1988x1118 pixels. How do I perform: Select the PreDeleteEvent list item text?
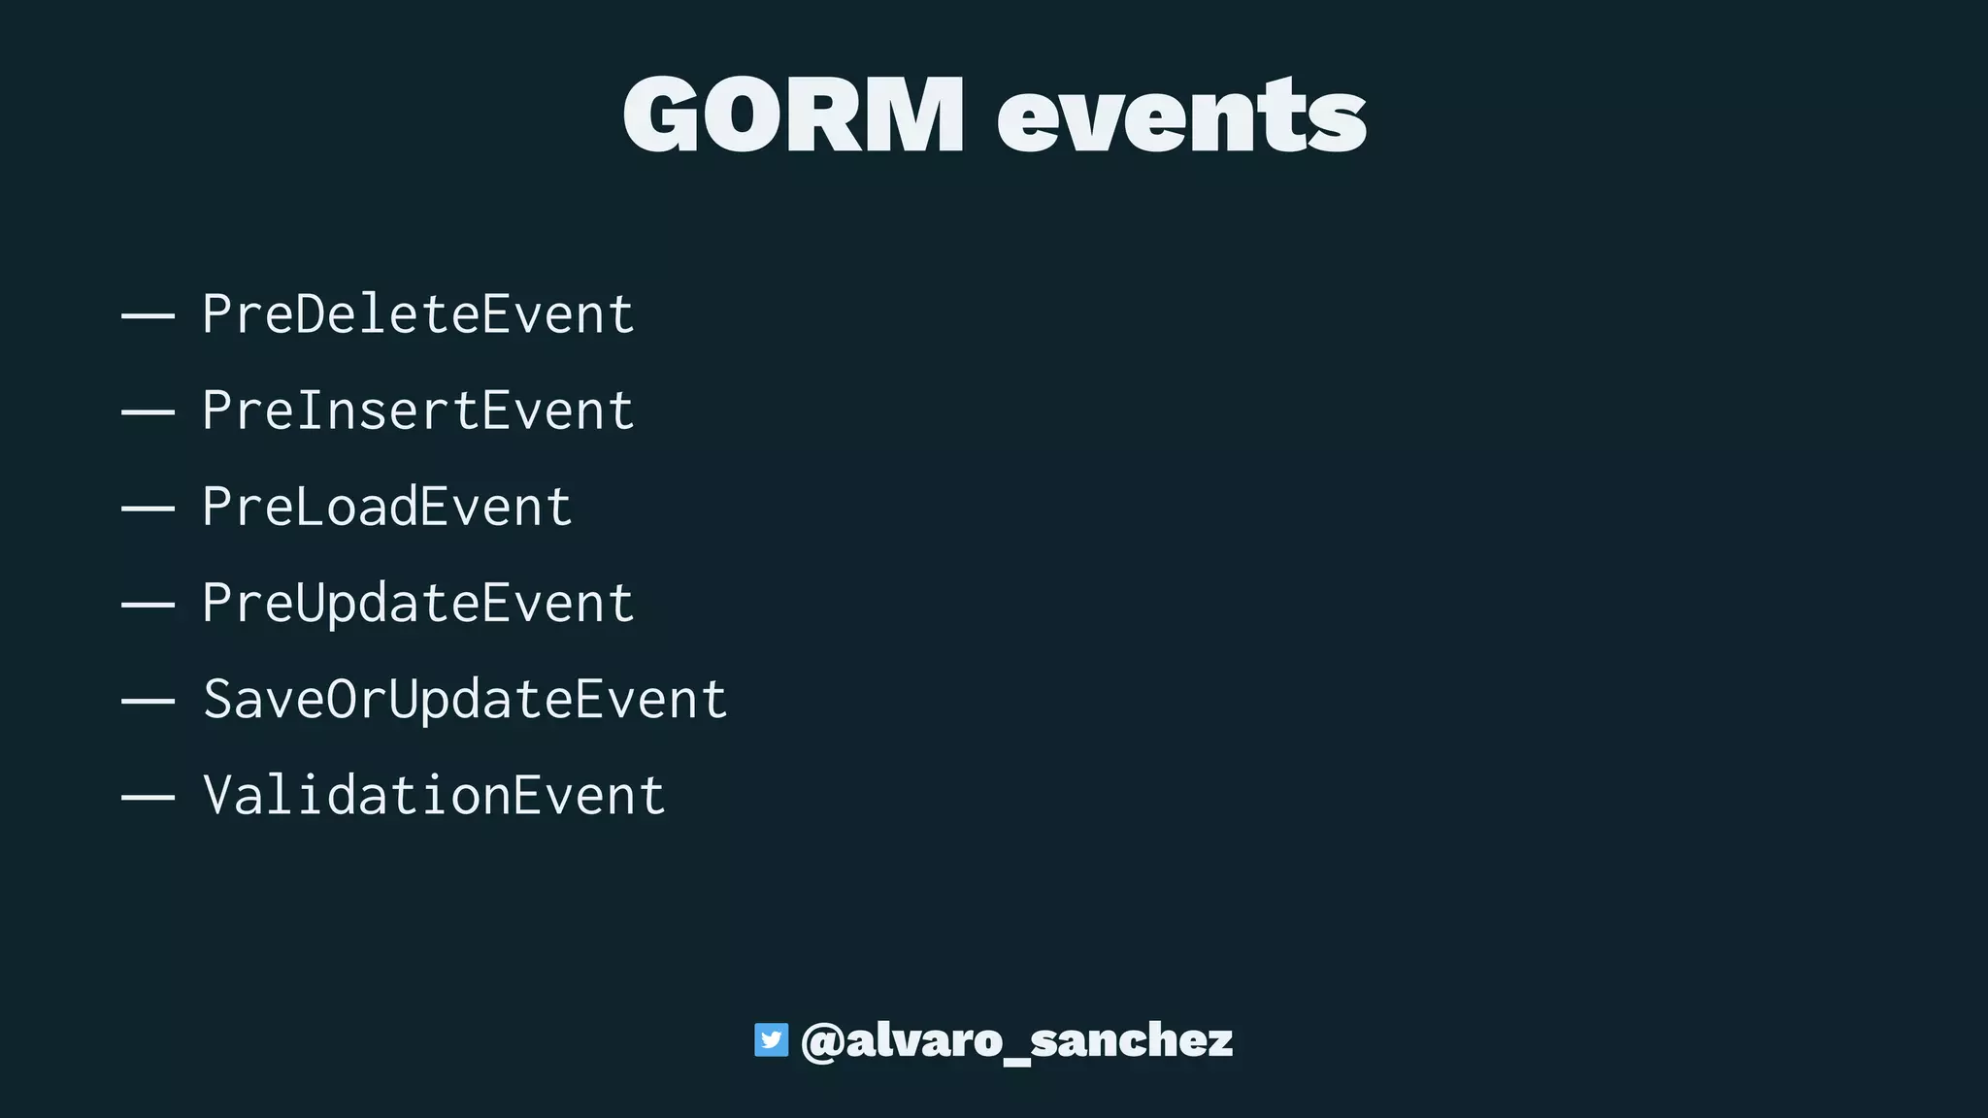tap(418, 314)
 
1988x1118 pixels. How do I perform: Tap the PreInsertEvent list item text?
tap(418, 411)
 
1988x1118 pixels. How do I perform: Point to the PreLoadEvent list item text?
tap(387, 507)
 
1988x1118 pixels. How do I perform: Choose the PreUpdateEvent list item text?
tap(418, 604)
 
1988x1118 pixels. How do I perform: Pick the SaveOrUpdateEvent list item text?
tap(465, 699)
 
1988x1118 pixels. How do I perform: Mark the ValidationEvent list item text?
tap(434, 796)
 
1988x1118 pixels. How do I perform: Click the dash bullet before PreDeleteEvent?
tap(148, 316)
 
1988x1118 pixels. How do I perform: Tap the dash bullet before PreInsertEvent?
tap(148, 412)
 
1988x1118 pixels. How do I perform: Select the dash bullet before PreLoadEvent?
tap(148, 509)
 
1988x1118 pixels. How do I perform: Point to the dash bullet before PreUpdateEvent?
tap(148, 605)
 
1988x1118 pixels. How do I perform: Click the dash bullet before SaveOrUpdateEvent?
tap(148, 701)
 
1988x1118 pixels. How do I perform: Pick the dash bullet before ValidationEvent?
tap(148, 798)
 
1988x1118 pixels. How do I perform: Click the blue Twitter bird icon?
tap(772, 1039)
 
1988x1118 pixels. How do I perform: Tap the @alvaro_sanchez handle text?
tap(1016, 1040)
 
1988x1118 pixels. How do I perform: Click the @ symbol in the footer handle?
tap(821, 1041)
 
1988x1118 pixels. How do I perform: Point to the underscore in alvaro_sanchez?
tap(1016, 1062)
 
